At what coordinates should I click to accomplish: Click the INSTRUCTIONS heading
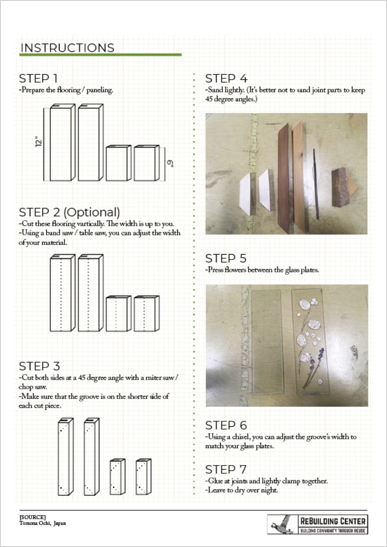coord(67,48)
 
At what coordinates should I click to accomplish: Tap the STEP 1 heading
coord(38,78)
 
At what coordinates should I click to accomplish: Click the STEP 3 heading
coord(40,366)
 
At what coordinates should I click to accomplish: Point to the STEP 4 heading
coord(226,78)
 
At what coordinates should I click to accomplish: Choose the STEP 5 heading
coord(226,258)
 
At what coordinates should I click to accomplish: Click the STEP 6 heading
coord(226,425)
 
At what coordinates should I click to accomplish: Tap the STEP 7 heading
coord(226,469)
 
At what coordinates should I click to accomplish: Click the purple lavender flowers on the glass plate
coord(315,362)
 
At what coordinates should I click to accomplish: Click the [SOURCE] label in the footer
coord(33,517)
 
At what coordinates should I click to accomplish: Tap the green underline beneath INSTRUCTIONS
coord(100,55)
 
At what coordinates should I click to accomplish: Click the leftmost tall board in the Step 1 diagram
coord(61,144)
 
